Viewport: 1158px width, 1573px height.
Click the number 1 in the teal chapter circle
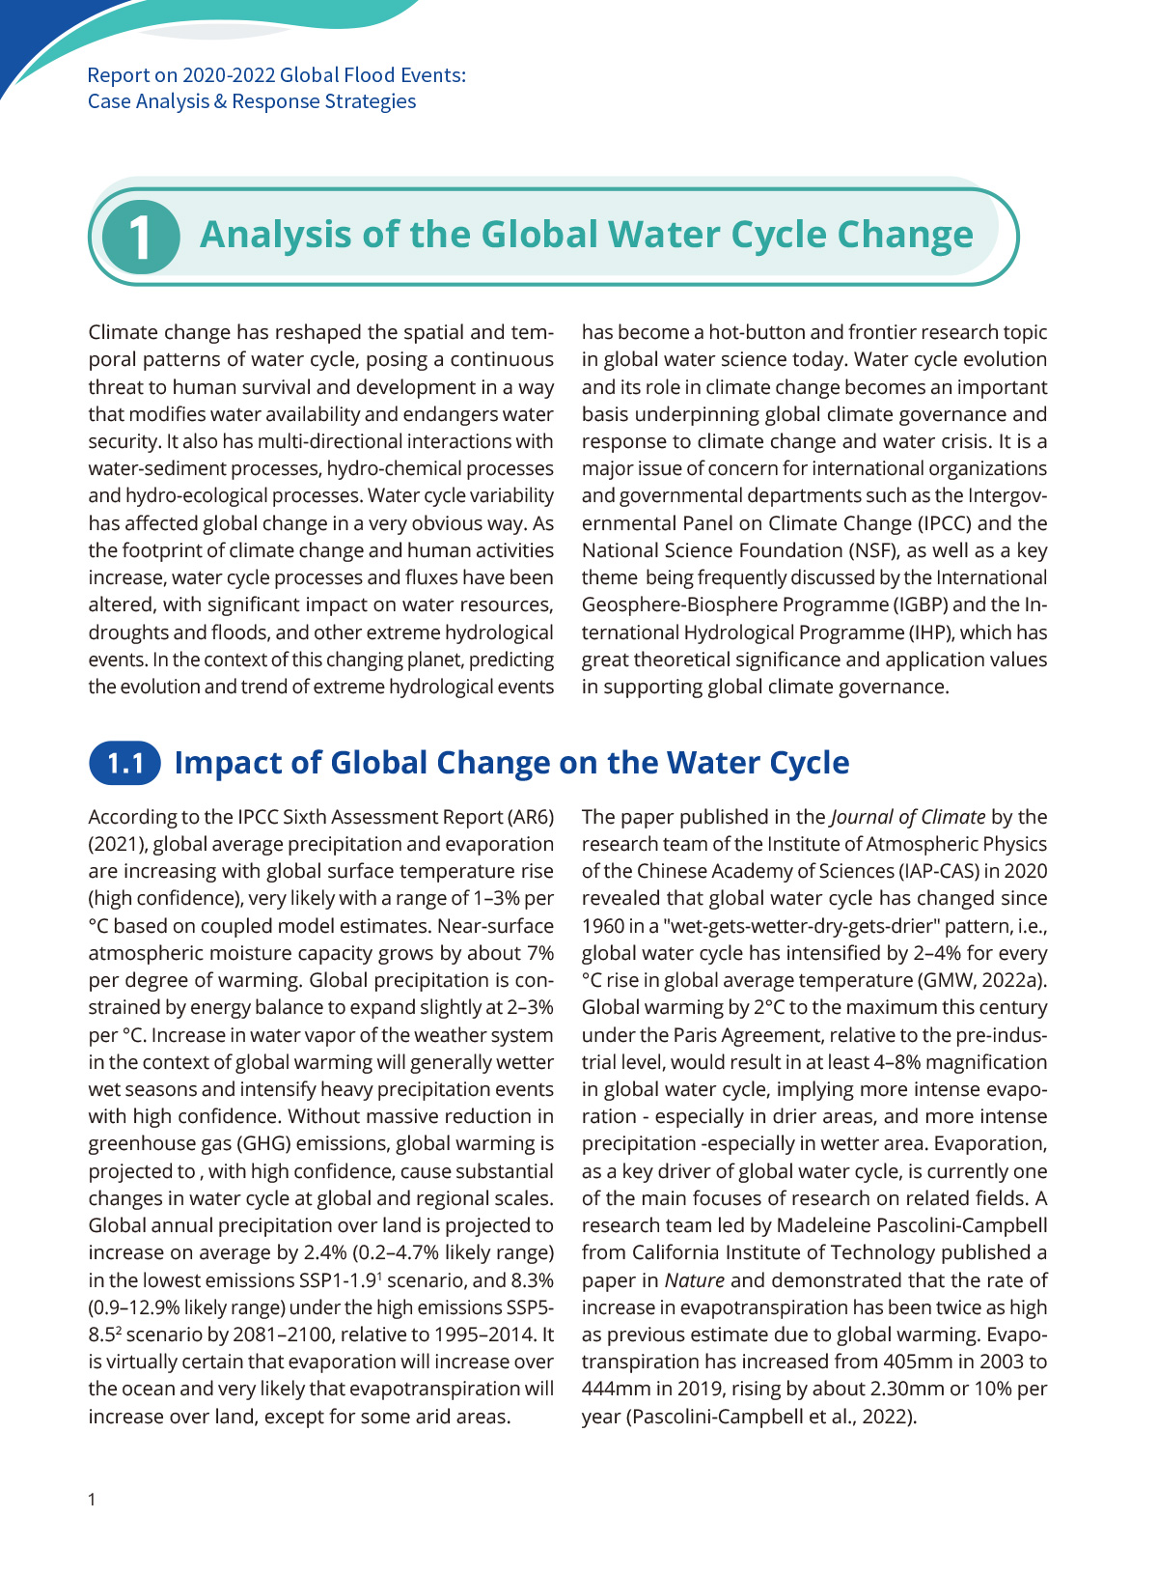click(141, 237)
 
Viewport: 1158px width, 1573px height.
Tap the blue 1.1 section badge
click(125, 763)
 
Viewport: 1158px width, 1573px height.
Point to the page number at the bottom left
click(92, 1500)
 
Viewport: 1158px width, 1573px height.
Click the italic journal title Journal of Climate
click(908, 817)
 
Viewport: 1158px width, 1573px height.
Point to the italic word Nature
click(694, 1280)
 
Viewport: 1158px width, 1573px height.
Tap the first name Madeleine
click(825, 1225)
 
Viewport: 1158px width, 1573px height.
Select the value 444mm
click(614, 1389)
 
